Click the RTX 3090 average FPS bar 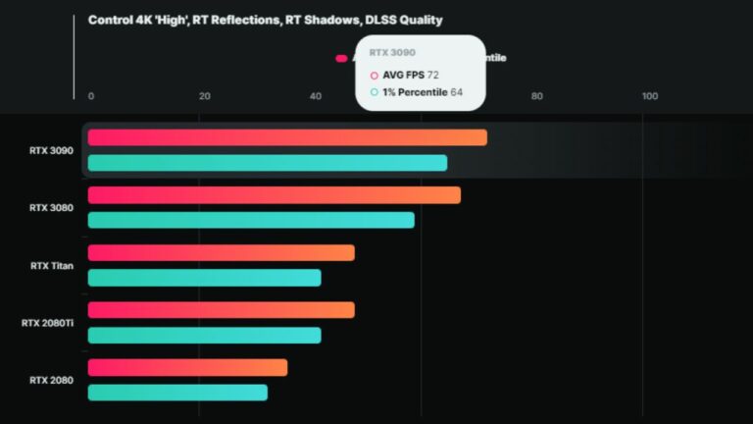tap(287, 137)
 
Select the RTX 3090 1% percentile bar tap(268, 163)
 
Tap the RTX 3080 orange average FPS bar tap(275, 195)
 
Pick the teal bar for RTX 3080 tap(251, 220)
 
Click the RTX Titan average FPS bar tap(222, 253)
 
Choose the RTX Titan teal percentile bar tap(205, 278)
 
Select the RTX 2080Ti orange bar tap(222, 310)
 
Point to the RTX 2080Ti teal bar tap(205, 335)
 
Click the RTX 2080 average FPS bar tap(188, 367)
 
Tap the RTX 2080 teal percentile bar tap(177, 393)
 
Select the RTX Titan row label tap(51, 265)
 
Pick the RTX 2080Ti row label tap(47, 322)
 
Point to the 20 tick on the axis tap(204, 96)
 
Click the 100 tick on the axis tap(649, 96)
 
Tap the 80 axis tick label tap(536, 96)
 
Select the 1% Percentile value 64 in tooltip tap(456, 92)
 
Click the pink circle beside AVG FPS tap(374, 75)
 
